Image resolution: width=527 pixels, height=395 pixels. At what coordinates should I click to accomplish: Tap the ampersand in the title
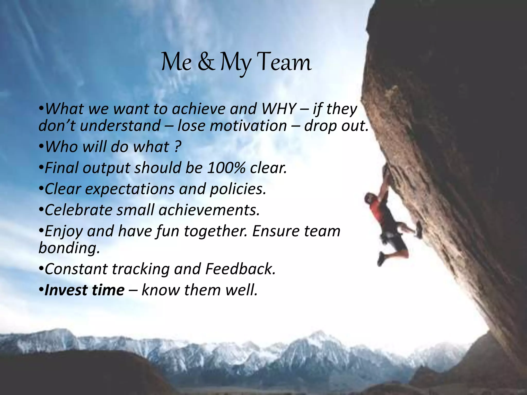point(206,62)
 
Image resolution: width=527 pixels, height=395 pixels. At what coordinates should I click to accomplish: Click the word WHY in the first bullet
point(278,109)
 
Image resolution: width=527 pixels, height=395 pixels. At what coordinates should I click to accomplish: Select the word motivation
point(232,126)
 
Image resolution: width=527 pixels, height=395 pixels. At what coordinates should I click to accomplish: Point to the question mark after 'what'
point(177,147)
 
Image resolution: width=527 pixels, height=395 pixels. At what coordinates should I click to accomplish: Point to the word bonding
point(69,248)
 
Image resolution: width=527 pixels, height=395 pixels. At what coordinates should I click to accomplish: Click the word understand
point(120,126)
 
